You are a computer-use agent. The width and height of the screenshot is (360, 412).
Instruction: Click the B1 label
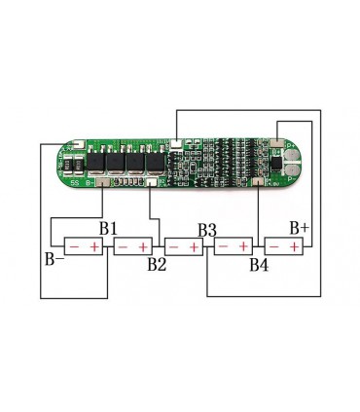[x=107, y=228]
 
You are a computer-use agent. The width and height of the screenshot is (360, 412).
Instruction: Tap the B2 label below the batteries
[x=158, y=263]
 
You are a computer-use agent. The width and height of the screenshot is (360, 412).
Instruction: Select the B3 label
[x=207, y=230]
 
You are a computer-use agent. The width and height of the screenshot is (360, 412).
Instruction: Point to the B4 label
[x=258, y=263]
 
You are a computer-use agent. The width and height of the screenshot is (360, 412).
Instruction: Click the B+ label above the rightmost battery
[x=299, y=227]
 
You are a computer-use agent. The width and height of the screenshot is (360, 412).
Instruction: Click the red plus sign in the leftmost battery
[x=94, y=246]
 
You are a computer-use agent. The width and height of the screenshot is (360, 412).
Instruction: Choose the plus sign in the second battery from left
[x=144, y=246]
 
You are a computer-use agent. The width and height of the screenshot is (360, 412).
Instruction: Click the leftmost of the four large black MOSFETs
[x=98, y=163]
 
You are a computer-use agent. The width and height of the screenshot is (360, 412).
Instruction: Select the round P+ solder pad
[x=292, y=147]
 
